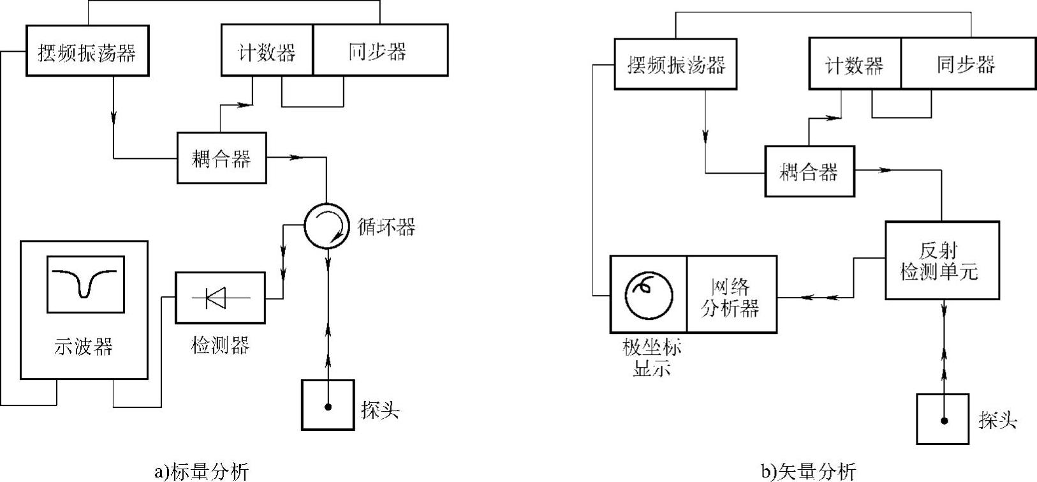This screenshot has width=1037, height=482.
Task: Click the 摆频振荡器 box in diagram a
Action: click(87, 51)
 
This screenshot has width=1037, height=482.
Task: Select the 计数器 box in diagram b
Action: click(855, 64)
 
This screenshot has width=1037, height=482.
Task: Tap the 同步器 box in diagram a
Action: click(380, 50)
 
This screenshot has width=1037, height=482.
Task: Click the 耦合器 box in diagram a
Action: click(221, 158)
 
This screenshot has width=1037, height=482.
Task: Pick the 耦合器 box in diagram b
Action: click(809, 172)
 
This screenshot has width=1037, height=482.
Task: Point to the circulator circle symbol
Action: click(326, 226)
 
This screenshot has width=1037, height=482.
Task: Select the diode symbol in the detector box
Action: click(217, 297)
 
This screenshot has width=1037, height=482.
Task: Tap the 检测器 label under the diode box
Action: click(220, 345)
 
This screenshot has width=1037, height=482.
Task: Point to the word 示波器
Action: click(84, 347)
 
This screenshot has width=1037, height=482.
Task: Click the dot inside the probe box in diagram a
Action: click(328, 407)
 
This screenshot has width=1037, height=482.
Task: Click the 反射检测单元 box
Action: click(942, 260)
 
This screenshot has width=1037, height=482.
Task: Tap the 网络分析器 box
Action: click(732, 294)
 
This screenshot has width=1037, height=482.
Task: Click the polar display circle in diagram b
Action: click(649, 294)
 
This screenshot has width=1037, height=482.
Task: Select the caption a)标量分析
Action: click(202, 472)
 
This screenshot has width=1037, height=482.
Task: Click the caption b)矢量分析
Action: click(809, 472)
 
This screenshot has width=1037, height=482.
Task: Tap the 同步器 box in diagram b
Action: click(967, 64)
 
